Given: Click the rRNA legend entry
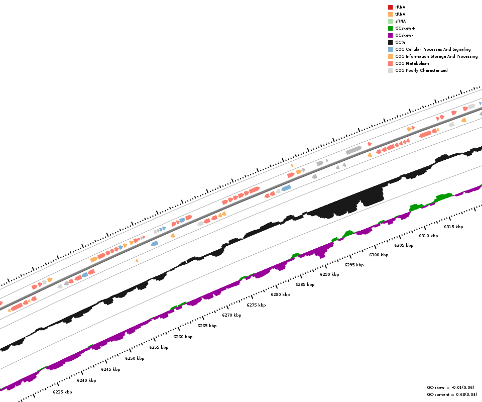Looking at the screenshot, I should (400, 7).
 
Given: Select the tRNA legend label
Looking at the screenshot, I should (400, 14).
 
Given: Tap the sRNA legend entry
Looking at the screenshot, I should (400, 21).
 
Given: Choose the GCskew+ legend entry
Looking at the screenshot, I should (405, 28).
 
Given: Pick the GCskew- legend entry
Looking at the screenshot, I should (404, 35).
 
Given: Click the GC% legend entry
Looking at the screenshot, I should (400, 42).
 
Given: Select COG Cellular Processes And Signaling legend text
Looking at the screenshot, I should (433, 49).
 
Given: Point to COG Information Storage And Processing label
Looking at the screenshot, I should (436, 56).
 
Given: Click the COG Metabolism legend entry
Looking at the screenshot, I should (412, 63).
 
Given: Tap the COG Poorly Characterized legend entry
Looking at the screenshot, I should (421, 70).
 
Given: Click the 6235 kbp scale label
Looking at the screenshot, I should (62, 392).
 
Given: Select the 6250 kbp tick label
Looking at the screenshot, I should (135, 358).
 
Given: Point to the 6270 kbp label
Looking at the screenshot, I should (231, 315).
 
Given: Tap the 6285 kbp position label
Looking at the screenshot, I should (305, 284).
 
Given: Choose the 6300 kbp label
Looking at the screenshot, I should (379, 255).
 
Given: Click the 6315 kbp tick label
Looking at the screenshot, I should (453, 227).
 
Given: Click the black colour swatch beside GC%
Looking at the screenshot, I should (390, 42).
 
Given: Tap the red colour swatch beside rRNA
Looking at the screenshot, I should (390, 7).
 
